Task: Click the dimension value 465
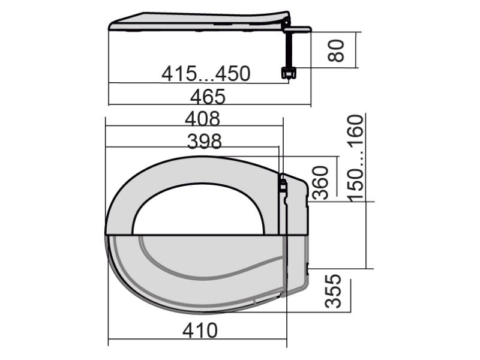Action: pyautogui.click(x=208, y=96)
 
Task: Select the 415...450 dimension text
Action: pyautogui.click(x=206, y=74)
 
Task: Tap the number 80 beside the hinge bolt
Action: pyautogui.click(x=336, y=50)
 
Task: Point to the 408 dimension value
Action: pyautogui.click(x=202, y=119)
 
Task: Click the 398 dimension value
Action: pyautogui.click(x=204, y=142)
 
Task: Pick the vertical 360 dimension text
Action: pyautogui.click(x=320, y=183)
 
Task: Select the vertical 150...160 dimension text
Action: pyautogui.click(x=356, y=158)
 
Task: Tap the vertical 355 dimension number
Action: pyautogui.click(x=333, y=291)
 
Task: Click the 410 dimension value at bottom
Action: pyautogui.click(x=200, y=331)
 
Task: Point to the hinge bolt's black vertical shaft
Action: pyautogui.click(x=289, y=49)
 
